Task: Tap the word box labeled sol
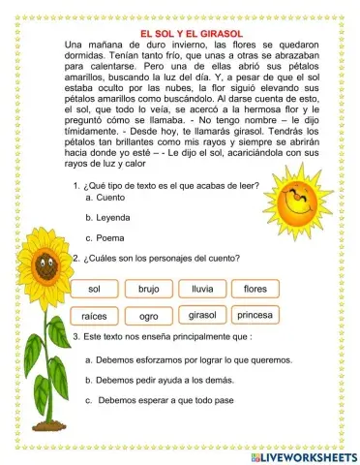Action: click(x=94, y=289)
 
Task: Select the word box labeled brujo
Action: click(x=148, y=289)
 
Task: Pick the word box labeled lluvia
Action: click(x=202, y=289)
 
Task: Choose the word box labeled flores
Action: click(x=255, y=289)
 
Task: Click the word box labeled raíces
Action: click(x=94, y=317)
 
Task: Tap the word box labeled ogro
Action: click(x=148, y=317)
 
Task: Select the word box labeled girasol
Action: click(x=202, y=316)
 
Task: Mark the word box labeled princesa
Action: click(x=255, y=316)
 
